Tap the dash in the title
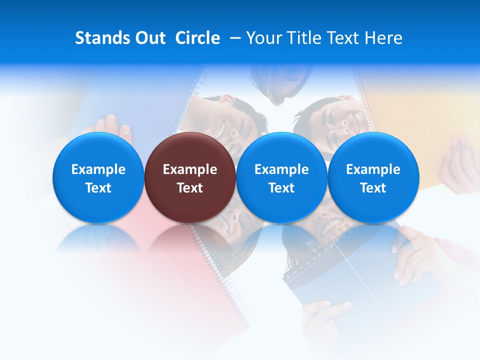tap(234, 38)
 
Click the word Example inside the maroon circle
tap(190, 169)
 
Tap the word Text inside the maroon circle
tap(190, 188)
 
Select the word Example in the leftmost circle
tap(98, 169)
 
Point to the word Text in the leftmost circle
tap(98, 188)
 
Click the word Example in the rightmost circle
tap(373, 169)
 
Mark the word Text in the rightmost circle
tap(373, 188)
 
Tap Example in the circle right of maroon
tap(281, 169)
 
